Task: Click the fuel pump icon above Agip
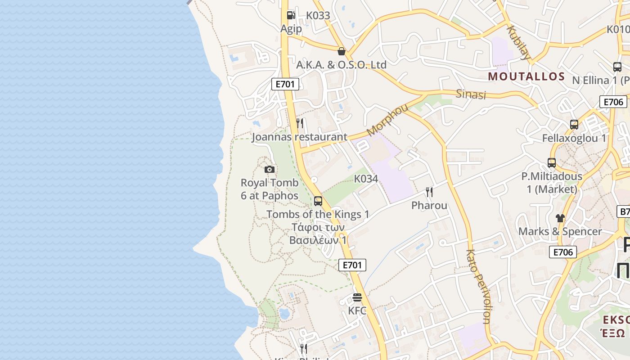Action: click(291, 15)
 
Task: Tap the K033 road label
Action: click(318, 16)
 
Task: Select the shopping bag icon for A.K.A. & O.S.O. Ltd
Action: click(342, 51)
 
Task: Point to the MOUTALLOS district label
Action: click(526, 76)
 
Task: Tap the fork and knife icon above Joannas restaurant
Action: click(300, 123)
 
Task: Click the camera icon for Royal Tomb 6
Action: click(270, 169)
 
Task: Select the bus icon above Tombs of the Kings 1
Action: click(318, 201)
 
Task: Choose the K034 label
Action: click(366, 179)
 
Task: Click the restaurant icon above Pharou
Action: click(429, 192)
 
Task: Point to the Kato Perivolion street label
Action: click(478, 287)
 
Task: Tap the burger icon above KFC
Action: click(357, 297)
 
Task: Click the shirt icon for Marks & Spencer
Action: click(560, 218)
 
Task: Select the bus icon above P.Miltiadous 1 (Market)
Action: click(552, 163)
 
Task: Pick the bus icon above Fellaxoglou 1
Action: click(574, 125)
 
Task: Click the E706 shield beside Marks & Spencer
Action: click(563, 252)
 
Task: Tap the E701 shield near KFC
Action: click(352, 265)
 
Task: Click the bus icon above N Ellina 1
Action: click(617, 67)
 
